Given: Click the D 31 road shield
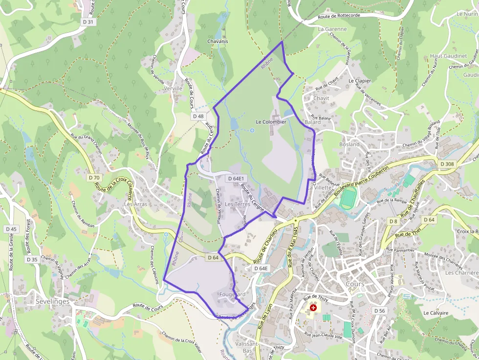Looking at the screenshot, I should click(87, 22).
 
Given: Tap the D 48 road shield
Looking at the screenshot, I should click(198, 116).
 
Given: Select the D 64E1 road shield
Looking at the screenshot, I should click(235, 179).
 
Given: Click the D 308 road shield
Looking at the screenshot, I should click(447, 164).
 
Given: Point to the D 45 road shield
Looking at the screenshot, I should click(11, 229).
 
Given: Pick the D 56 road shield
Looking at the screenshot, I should click(379, 311).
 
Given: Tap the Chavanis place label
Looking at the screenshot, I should click(218, 42).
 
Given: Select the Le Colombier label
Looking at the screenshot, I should click(271, 122).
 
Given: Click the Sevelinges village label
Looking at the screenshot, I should click(52, 301).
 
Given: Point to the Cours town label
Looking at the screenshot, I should click(355, 284).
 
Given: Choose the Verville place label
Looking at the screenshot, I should click(173, 88).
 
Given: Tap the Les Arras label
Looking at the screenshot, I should click(135, 204).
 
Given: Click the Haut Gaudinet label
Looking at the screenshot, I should click(448, 56).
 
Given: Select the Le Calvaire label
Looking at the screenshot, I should click(436, 313).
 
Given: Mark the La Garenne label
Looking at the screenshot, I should click(332, 29).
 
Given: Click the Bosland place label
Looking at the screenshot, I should click(349, 144).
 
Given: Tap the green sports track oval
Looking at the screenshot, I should click(348, 198).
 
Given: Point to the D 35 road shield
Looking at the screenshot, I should click(32, 259).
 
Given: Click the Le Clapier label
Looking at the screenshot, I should click(360, 81).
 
